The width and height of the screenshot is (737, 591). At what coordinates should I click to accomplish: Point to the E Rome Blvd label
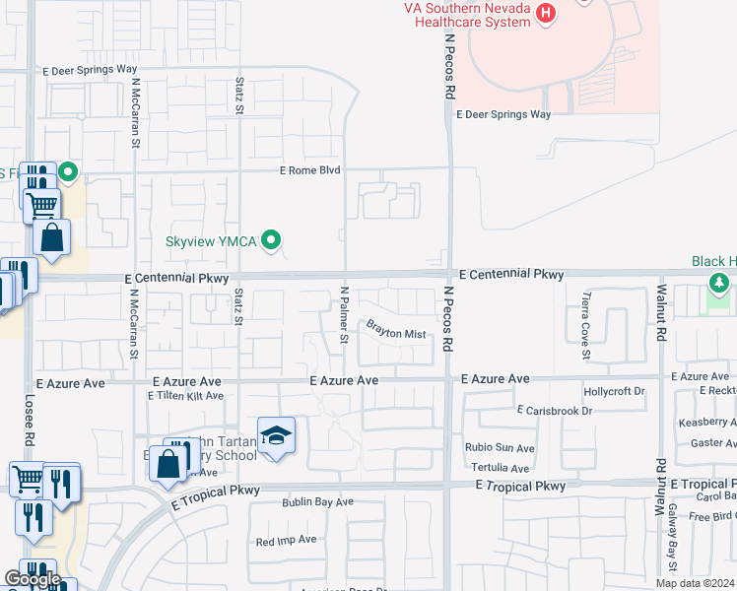309,170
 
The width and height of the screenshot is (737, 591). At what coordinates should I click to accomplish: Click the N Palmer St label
345,314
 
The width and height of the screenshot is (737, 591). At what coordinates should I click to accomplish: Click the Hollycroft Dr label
613,391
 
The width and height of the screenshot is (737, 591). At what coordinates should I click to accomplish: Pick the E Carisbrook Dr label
554,409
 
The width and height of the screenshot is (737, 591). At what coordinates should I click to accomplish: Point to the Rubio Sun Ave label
499,447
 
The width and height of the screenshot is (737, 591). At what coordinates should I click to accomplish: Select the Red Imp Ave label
286,540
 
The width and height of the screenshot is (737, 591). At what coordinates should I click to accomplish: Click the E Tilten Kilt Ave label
185,396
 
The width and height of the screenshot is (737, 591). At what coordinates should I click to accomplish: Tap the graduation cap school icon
276,435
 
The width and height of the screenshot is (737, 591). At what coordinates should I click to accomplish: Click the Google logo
32,579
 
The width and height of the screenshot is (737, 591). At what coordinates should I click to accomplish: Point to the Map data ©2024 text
696,583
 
